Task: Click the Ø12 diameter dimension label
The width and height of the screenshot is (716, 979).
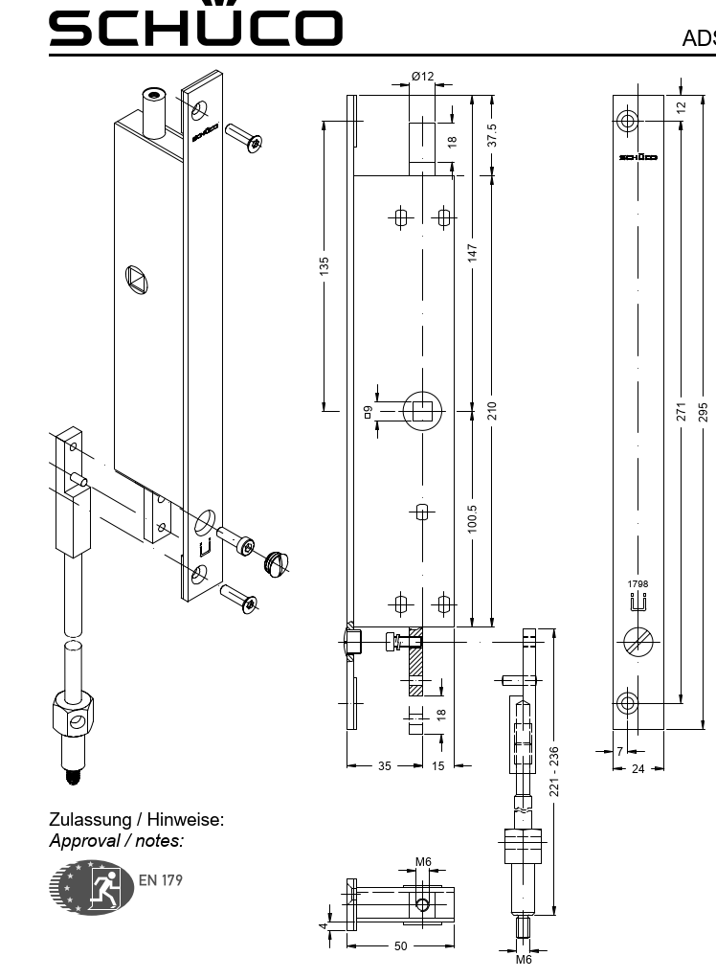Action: click(422, 77)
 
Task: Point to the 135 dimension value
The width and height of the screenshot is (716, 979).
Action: click(324, 265)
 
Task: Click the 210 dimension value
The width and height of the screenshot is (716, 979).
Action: click(492, 411)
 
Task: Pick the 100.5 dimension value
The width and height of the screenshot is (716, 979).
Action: click(472, 522)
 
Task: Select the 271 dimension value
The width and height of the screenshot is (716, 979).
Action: click(682, 411)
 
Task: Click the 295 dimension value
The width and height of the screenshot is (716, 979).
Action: click(705, 411)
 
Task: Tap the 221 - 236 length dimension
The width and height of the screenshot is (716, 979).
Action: click(552, 770)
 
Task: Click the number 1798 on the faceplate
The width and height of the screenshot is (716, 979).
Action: click(638, 583)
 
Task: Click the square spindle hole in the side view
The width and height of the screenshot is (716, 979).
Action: click(420, 411)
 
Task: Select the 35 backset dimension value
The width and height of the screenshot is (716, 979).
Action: click(384, 765)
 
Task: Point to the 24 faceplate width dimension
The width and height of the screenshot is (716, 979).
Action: click(638, 768)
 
